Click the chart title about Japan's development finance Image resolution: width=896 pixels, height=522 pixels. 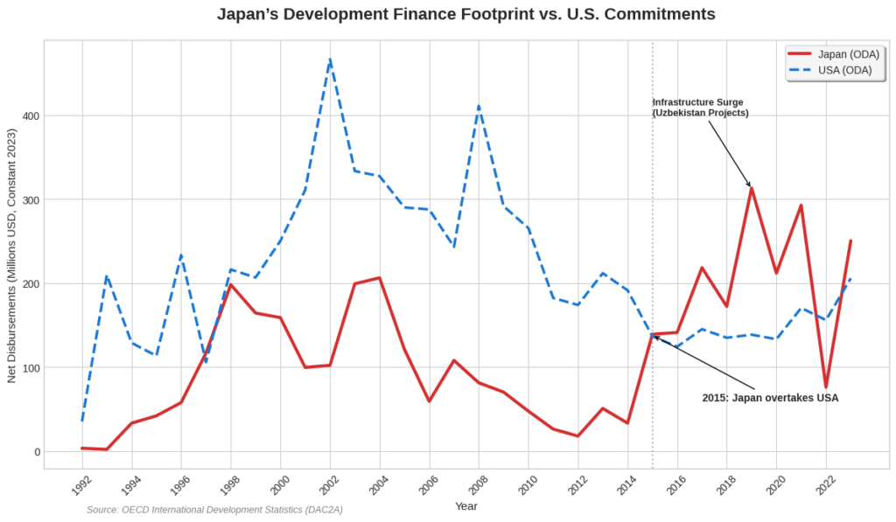click(x=465, y=15)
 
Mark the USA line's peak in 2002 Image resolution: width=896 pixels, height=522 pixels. click(x=330, y=59)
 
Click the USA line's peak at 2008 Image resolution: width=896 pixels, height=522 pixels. click(x=479, y=106)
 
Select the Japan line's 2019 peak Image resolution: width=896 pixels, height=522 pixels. click(x=752, y=188)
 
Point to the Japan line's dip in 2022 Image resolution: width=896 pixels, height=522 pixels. click(x=826, y=386)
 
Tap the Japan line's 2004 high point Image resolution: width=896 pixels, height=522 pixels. click(x=379, y=278)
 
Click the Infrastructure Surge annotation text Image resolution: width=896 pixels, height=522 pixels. click(x=700, y=108)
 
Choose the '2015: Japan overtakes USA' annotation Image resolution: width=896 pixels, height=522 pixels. click(x=770, y=398)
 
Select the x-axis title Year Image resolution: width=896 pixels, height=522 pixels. click(x=465, y=505)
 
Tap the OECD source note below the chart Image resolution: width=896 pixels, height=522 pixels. click(x=214, y=509)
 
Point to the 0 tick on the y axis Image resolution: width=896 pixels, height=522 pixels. click(x=37, y=452)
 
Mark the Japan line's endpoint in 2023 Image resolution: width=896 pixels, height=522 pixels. click(x=850, y=240)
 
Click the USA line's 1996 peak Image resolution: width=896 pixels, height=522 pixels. click(x=181, y=255)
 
